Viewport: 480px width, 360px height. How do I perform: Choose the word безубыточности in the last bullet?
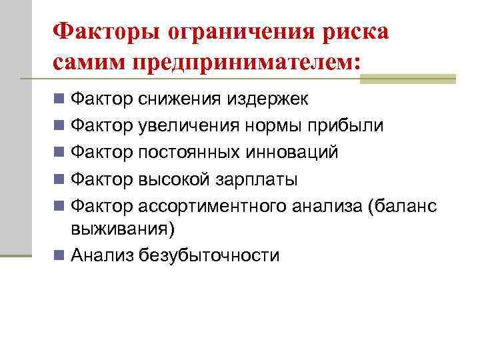coord(209,255)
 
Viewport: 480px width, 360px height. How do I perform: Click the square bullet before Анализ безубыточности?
coord(60,255)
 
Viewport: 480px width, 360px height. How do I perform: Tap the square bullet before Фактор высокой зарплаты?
coord(60,180)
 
